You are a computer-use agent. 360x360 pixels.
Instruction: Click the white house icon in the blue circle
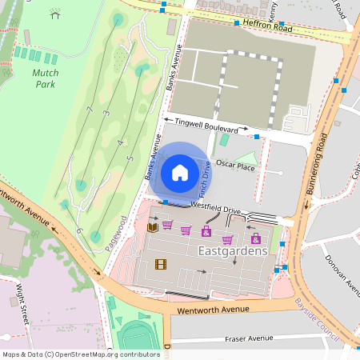click(x=180, y=172)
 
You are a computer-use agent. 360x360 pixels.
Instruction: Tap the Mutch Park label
click(x=45, y=77)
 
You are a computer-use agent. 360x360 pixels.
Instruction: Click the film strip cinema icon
click(x=162, y=265)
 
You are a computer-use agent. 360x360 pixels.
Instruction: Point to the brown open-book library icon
click(x=153, y=227)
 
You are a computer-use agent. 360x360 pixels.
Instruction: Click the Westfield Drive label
click(x=215, y=208)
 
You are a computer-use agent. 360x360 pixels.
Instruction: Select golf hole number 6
click(x=78, y=230)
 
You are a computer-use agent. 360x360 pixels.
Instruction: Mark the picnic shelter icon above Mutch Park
click(x=54, y=13)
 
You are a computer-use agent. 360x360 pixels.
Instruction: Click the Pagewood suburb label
click(x=115, y=234)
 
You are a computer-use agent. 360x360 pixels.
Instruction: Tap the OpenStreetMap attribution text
click(x=81, y=354)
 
